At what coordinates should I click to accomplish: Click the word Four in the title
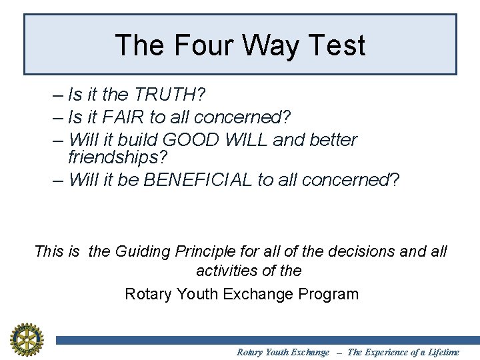(199, 45)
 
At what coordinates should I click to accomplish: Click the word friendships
(117, 158)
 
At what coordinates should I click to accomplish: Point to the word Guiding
(143, 251)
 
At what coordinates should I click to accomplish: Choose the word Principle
(206, 251)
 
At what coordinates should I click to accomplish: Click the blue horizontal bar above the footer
(267, 340)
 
